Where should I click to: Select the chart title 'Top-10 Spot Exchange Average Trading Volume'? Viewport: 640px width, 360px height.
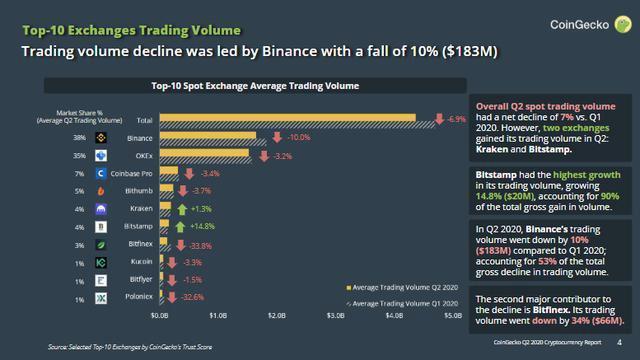click(254, 87)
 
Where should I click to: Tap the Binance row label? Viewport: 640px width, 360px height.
click(140, 137)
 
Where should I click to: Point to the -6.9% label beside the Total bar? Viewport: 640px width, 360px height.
click(455, 119)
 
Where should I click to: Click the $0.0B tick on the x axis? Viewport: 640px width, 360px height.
click(160, 315)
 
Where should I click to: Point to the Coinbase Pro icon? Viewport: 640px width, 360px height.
click(100, 173)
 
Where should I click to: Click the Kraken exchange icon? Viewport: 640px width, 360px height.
click(100, 209)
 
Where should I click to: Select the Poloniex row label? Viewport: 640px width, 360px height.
click(137, 299)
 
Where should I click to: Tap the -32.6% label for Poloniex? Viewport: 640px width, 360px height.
click(192, 298)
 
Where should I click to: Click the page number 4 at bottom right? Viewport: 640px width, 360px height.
click(619, 346)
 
